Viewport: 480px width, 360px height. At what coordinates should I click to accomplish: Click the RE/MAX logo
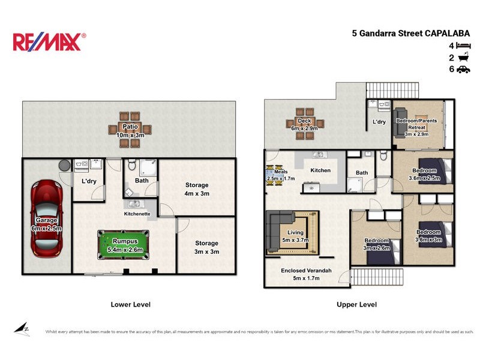(x=49, y=41)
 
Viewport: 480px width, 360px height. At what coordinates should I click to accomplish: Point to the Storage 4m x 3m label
(x=197, y=189)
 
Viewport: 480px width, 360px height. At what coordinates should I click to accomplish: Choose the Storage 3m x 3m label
(x=206, y=247)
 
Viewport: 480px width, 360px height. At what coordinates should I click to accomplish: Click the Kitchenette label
(x=137, y=214)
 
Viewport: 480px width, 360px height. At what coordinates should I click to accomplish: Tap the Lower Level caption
(x=130, y=304)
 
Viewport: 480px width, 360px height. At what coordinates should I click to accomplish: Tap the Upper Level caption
(x=356, y=304)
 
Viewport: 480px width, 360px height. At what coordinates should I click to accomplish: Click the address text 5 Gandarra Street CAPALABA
(x=410, y=34)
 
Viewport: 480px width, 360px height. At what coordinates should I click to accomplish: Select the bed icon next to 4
(x=463, y=46)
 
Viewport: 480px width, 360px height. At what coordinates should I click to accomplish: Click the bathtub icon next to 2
(x=463, y=58)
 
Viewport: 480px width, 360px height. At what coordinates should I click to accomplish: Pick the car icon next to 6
(x=463, y=70)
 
